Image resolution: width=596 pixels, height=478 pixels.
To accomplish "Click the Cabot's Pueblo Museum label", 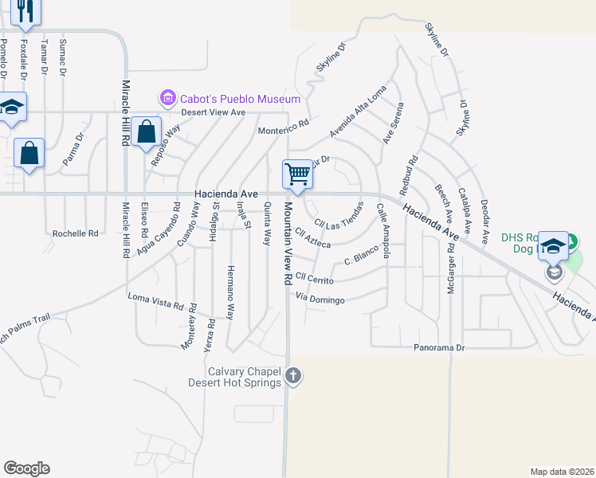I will coord(240,99).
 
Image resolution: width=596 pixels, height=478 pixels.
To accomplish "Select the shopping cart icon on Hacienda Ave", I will coord(297,174).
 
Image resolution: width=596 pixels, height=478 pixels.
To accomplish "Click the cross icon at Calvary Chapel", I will coord(293,374).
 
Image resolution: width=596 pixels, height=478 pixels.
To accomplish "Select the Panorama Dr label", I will coord(438,348).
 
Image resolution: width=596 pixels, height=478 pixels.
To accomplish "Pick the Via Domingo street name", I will coord(320,300).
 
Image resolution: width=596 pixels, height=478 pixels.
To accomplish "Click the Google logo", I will coord(26,468).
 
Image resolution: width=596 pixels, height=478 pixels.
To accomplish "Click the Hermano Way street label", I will coord(230,292).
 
